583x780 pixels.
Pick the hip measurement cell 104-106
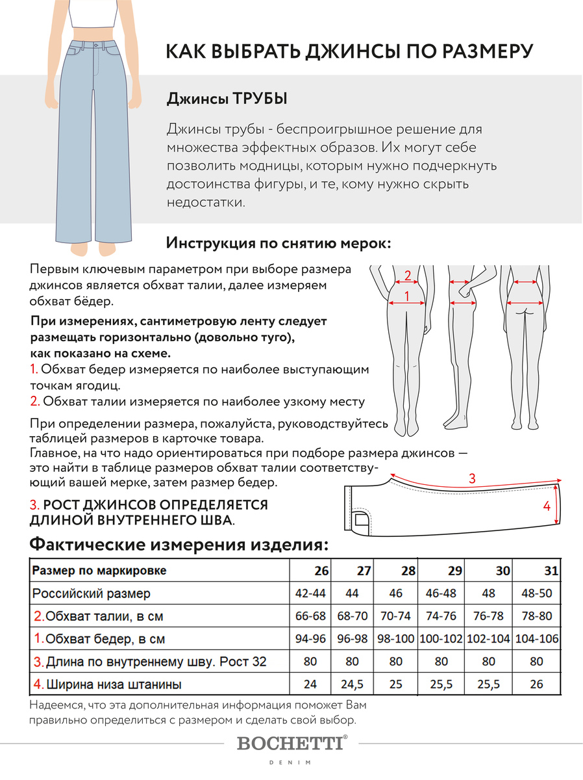[536, 639]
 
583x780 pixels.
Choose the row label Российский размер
[92, 593]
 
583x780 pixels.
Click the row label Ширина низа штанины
[107, 684]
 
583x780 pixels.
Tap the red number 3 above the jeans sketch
[472, 478]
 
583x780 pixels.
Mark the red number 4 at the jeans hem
[547, 505]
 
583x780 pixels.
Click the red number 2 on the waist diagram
[408, 275]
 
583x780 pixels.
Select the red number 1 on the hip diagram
[407, 296]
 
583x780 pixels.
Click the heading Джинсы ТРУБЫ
[227, 99]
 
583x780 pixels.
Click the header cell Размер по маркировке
[99, 571]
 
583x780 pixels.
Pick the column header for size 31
[551, 571]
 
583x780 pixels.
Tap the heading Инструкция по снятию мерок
[279, 243]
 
